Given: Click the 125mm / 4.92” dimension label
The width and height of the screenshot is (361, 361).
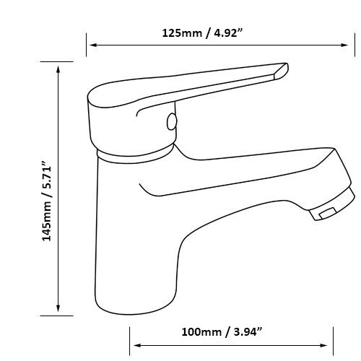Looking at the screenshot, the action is [x=201, y=33].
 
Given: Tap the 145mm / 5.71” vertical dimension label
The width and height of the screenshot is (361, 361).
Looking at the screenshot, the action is [x=47, y=201].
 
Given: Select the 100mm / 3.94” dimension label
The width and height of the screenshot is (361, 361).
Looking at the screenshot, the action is [x=222, y=332].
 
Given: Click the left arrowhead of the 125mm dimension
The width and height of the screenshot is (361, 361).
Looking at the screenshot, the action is [x=93, y=45].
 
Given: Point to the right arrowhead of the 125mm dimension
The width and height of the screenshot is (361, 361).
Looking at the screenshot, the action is [x=344, y=45].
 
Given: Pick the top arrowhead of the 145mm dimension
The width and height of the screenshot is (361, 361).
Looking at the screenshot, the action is [x=58, y=69].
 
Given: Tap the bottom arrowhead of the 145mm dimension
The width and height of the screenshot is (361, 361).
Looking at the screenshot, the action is [x=58, y=308].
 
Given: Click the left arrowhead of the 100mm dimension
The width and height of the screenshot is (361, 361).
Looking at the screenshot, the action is [x=137, y=345].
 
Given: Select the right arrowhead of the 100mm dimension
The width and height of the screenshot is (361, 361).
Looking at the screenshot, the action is [x=323, y=345].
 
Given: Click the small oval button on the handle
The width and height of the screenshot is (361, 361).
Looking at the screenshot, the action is [x=172, y=121].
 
